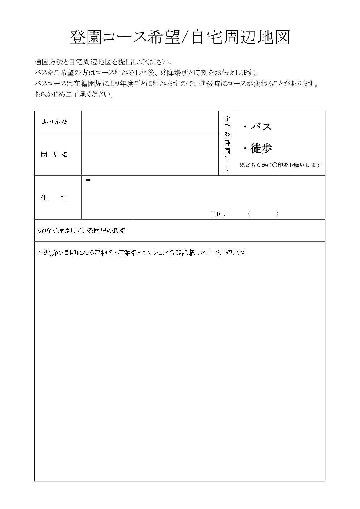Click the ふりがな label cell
coord(55,122)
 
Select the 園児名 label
coord(55,155)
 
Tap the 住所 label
coord(54,198)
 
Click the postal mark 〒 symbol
coord(88,181)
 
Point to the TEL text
coord(218,214)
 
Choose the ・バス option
coord(257,127)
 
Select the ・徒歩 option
coord(257,149)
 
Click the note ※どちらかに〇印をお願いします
coord(280,165)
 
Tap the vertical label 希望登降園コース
coord(227,144)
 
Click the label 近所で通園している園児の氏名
coord(82,231)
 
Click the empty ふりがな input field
coord(150,122)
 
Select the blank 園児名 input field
coord(150,154)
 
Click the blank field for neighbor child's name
coord(229,231)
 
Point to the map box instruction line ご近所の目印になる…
coord(142,253)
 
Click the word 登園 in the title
coord(86,37)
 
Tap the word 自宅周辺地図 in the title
coord(240,37)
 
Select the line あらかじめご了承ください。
coord(74,95)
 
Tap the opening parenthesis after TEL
coord(249,214)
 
